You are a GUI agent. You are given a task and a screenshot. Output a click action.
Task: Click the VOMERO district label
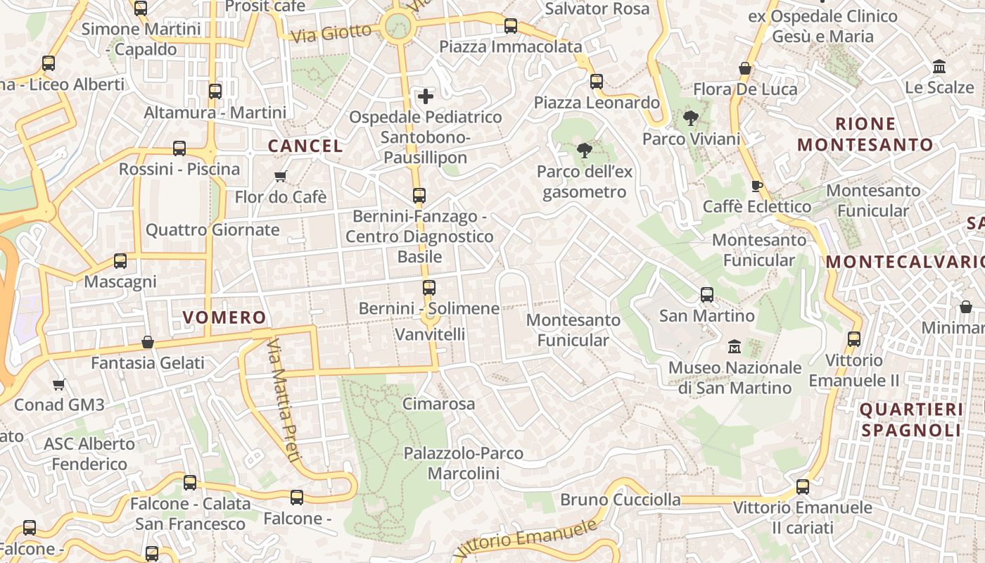[x=224, y=317]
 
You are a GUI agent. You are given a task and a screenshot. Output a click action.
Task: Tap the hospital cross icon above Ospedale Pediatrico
[x=426, y=96]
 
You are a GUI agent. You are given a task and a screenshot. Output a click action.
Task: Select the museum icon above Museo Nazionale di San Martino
[x=735, y=346]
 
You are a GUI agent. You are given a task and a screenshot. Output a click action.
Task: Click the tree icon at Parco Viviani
[x=690, y=118]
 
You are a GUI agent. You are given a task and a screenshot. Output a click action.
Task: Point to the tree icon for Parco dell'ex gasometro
[x=584, y=150]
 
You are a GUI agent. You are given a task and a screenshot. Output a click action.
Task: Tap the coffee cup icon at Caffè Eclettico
[x=757, y=186]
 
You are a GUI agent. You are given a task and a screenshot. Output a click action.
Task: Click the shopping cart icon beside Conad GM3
[x=59, y=384]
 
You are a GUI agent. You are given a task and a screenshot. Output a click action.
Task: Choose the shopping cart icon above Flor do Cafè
[x=281, y=176]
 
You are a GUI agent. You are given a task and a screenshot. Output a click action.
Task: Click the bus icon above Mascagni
[x=120, y=261]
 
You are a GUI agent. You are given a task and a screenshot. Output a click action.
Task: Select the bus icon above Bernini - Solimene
[x=429, y=287]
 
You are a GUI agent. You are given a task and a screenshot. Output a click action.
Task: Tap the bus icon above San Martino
[x=707, y=295]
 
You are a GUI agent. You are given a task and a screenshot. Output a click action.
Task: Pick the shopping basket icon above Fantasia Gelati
[x=148, y=342]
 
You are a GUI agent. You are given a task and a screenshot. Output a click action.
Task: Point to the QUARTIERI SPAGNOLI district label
[x=910, y=419]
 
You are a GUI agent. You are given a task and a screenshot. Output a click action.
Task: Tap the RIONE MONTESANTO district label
[x=865, y=134]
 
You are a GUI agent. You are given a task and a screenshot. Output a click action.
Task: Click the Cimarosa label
[x=438, y=404]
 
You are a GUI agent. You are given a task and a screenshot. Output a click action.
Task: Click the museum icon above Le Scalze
[x=939, y=67]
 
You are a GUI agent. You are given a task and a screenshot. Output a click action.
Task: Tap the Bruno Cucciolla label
[x=621, y=500]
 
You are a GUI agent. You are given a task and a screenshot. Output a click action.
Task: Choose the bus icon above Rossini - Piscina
[x=179, y=148]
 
